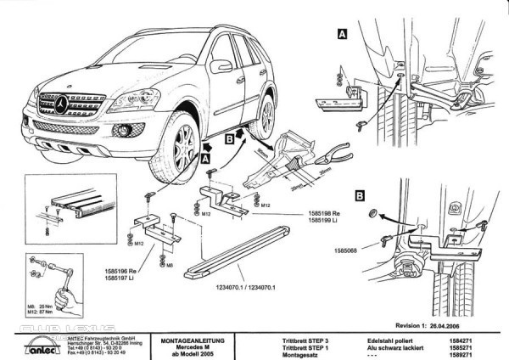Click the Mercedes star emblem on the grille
63,104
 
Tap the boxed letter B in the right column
360,195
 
